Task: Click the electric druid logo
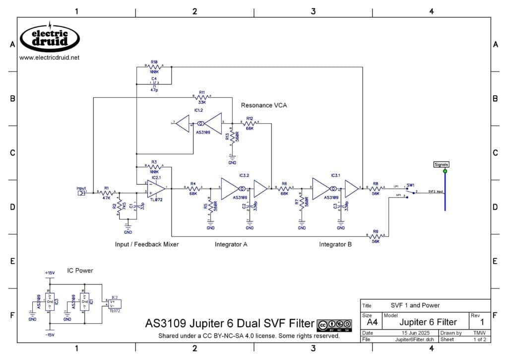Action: (x=50, y=38)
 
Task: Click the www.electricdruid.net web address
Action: (x=49, y=58)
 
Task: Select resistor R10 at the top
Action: (x=154, y=66)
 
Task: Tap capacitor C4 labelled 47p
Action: (x=154, y=83)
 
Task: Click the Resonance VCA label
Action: (x=264, y=105)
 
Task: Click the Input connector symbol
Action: (x=81, y=192)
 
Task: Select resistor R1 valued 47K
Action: (x=106, y=192)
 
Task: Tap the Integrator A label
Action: (x=231, y=244)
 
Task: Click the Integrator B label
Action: (x=335, y=244)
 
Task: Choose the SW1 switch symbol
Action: (x=410, y=192)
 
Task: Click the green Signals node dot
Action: (x=445, y=171)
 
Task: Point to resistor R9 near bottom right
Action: (x=376, y=237)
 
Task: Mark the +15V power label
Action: (x=50, y=273)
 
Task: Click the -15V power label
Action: (x=50, y=334)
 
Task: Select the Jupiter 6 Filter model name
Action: (x=428, y=322)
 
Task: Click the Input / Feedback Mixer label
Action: (x=147, y=244)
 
